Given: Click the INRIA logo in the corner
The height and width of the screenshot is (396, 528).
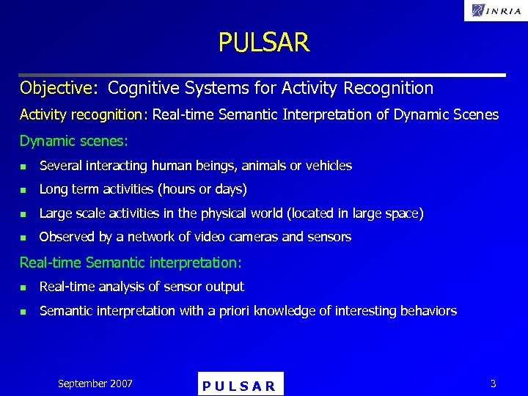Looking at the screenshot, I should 495,10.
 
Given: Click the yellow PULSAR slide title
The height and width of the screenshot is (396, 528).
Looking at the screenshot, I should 264,43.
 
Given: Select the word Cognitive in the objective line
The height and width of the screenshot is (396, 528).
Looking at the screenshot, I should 142,89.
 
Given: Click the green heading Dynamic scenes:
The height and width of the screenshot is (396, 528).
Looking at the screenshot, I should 73,140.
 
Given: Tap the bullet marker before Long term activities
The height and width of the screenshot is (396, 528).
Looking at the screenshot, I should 23,190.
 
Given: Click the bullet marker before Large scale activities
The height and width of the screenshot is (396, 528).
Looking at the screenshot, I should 23,214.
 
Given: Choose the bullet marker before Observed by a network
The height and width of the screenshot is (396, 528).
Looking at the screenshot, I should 23,238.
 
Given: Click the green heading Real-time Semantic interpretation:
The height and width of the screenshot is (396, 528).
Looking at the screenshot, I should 131,262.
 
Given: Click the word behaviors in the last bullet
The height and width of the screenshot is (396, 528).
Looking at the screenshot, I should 428,311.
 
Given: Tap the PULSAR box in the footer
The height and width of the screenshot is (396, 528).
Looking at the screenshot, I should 240,385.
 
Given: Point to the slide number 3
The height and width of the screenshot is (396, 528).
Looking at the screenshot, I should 493,384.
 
